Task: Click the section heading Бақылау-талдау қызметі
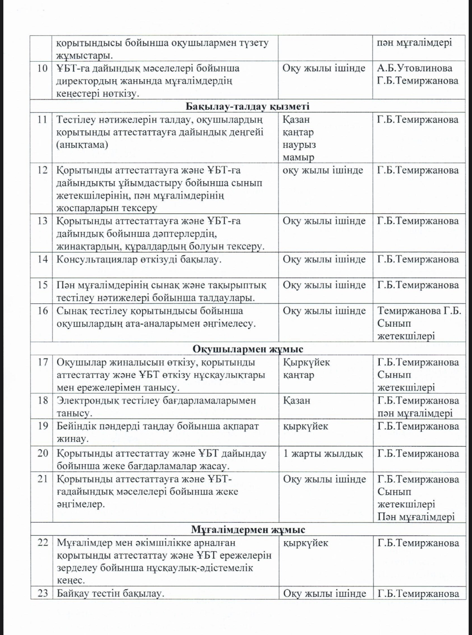[247, 106]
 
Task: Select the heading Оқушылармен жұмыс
[248, 349]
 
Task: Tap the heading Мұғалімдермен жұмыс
[248, 529]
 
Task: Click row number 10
[43, 68]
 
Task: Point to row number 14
[43, 259]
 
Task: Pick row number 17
[43, 362]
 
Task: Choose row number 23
[43, 593]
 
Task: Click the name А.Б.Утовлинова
[415, 68]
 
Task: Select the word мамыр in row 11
[298, 158]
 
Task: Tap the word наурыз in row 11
[299, 145]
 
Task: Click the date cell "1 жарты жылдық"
[323, 453]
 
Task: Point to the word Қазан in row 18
[296, 400]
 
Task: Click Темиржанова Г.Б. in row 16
[419, 310]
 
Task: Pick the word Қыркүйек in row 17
[306, 362]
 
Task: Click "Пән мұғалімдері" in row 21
[416, 517]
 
